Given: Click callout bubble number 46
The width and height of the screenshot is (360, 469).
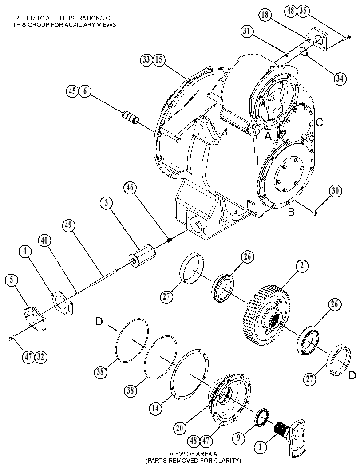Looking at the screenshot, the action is tap(130, 188).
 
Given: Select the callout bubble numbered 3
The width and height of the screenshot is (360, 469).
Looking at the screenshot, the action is tap(106, 203).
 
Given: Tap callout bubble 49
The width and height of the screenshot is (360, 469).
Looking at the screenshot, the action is tap(68, 225).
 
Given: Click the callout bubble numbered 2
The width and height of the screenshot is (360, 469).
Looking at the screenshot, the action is tap(302, 265).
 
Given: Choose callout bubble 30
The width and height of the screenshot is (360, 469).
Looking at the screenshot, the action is tap(336, 191).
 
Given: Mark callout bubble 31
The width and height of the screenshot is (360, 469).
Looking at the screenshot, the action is tap(247, 31).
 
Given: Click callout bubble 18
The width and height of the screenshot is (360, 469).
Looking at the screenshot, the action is tap(265, 15).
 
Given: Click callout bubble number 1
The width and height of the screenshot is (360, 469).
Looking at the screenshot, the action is tap(260, 447).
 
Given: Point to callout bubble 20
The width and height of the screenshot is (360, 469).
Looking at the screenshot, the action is tap(179, 428).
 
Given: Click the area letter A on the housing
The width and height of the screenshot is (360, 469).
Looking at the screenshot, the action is tap(268, 136).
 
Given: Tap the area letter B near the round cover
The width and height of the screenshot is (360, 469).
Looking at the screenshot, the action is tap(291, 212).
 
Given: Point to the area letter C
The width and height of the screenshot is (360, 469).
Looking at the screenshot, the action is tap(319, 122).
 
